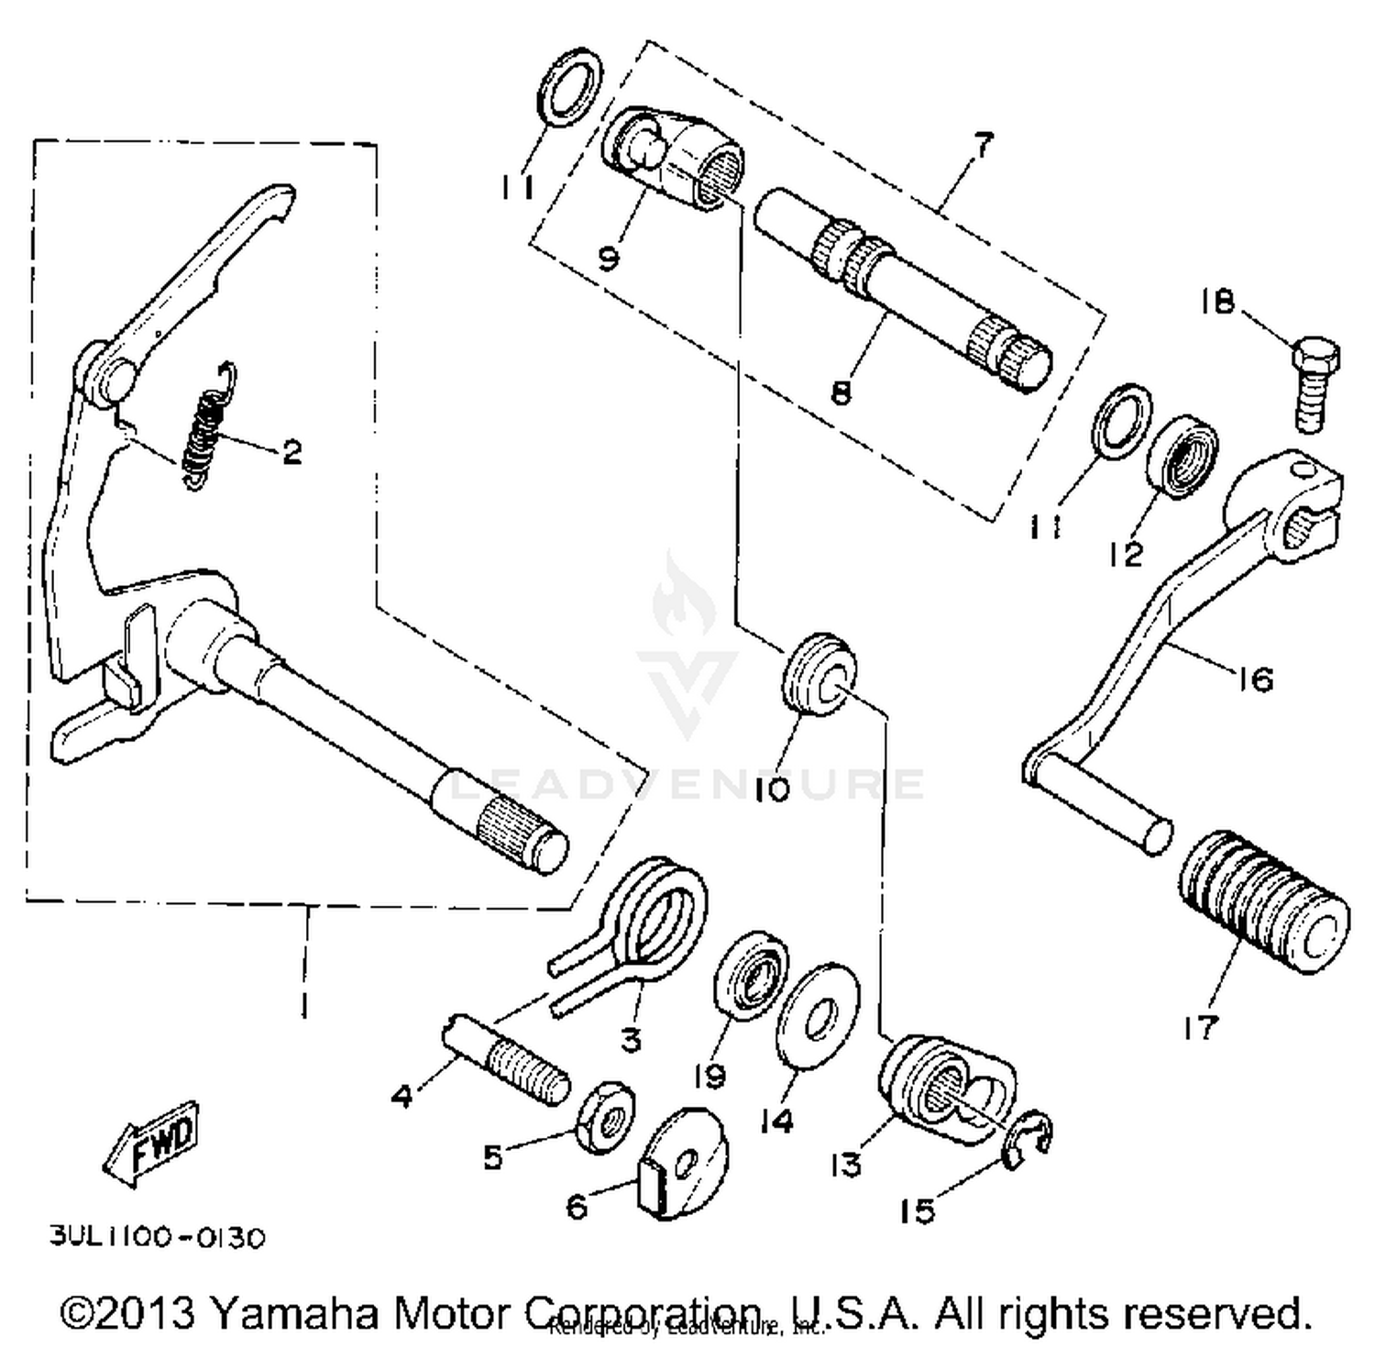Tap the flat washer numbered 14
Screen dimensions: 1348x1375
pos(818,1014)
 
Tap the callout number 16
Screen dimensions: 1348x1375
pos(1255,680)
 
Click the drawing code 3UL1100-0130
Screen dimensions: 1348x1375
pos(157,1238)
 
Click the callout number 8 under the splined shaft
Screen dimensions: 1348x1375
pos(841,392)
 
